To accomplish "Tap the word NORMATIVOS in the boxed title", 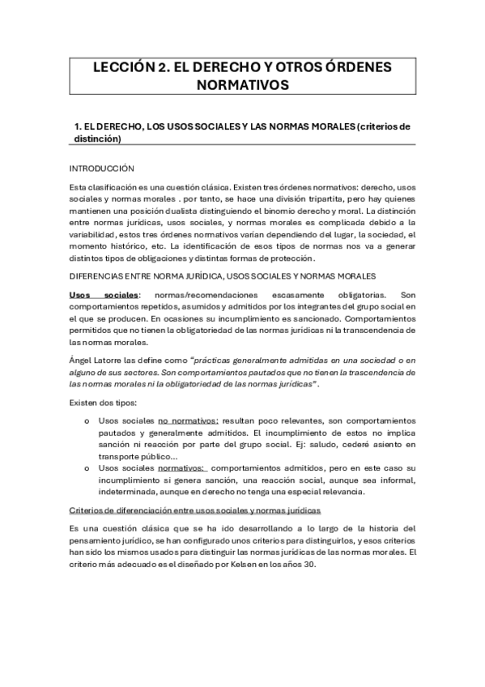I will click(242, 85).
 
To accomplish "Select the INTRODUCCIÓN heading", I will click(101, 169).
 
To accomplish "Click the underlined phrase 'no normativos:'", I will click(189, 421).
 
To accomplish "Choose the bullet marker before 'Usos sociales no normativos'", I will click(87, 421).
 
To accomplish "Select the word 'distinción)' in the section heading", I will click(97, 139).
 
